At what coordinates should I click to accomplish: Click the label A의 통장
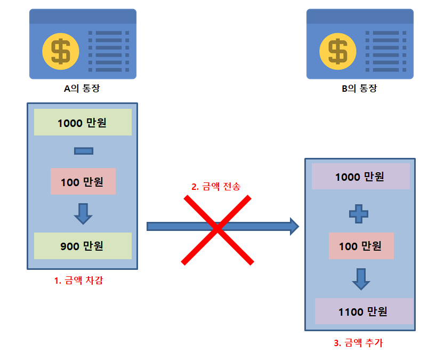click(82, 89)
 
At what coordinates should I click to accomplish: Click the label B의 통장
click(359, 89)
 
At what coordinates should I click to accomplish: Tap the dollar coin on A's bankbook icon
click(60, 51)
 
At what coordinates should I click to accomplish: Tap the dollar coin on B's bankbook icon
click(337, 51)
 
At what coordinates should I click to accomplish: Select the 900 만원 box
click(82, 246)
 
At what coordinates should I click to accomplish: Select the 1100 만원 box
click(364, 311)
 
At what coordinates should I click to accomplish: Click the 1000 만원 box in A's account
click(82, 123)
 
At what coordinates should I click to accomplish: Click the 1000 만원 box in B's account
click(360, 177)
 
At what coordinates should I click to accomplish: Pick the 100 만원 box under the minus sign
click(83, 182)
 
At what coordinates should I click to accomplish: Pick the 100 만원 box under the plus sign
click(361, 246)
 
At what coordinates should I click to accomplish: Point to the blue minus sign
click(84, 151)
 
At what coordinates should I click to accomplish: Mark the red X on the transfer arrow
click(217, 229)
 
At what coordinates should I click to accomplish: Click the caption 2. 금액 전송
click(216, 187)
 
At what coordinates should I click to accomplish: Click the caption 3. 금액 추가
click(358, 343)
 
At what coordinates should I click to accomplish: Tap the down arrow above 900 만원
click(83, 213)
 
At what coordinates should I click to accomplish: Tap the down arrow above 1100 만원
click(361, 278)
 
